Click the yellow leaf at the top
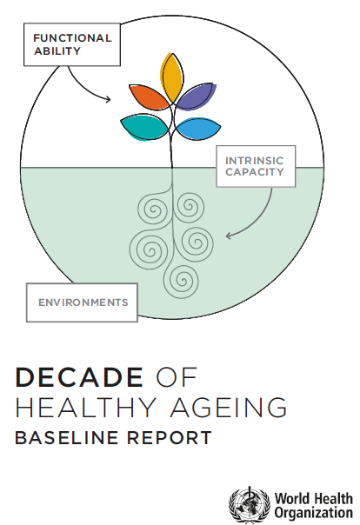click(x=172, y=77)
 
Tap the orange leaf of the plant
click(x=149, y=96)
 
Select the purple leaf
click(x=196, y=96)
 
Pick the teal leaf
click(x=144, y=128)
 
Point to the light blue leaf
click(x=198, y=129)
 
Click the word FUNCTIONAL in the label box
click(x=72, y=38)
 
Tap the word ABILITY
click(x=57, y=51)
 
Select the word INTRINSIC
click(x=254, y=161)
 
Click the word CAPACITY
click(x=255, y=172)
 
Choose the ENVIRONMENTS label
click(x=83, y=302)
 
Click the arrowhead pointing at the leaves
click(x=108, y=99)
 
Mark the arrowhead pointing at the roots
click(x=229, y=236)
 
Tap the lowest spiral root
click(x=183, y=281)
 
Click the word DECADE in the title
click(x=79, y=377)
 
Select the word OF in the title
click(x=177, y=377)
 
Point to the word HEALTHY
click(x=86, y=407)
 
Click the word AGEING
click(x=229, y=407)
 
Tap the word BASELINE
click(x=67, y=437)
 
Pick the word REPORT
click(x=170, y=437)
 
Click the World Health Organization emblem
click(x=250, y=505)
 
